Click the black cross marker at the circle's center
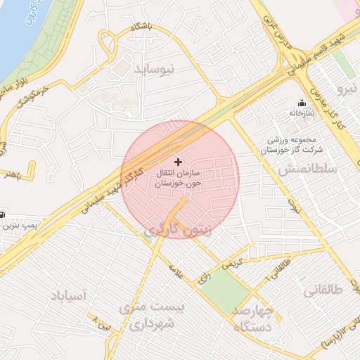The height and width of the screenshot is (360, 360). click(177, 162)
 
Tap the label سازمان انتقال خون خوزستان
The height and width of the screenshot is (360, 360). click(178, 177)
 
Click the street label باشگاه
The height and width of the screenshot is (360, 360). click(140, 27)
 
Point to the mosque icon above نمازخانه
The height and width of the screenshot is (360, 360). click(302, 102)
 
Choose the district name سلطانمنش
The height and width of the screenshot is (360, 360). click(307, 170)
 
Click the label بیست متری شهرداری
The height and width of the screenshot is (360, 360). click(151, 317)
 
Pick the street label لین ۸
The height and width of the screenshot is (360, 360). click(103, 324)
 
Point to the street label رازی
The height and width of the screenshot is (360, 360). click(205, 278)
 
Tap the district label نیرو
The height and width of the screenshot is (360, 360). click(347, 89)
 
